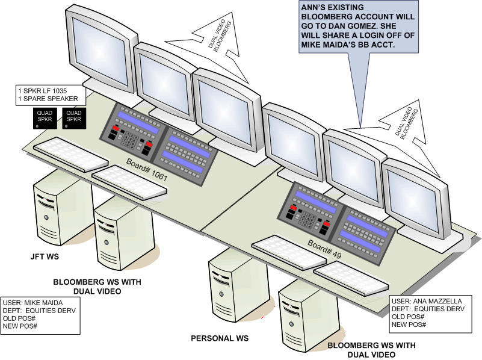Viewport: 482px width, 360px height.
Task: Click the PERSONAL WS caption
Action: tap(220, 338)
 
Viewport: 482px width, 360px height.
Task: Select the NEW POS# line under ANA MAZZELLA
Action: tap(409, 324)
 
